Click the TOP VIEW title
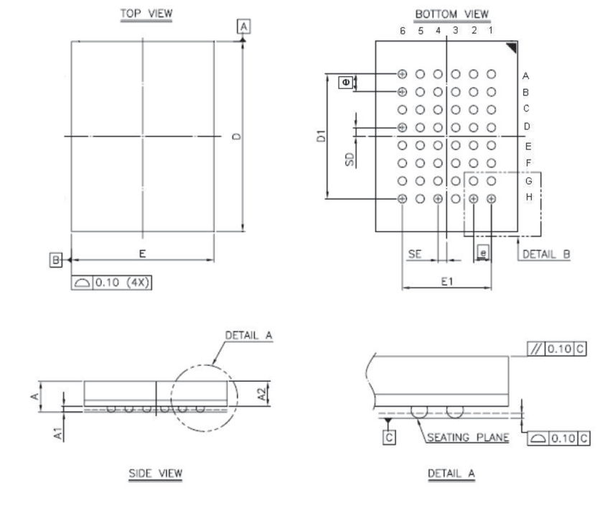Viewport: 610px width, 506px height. pyautogui.click(x=146, y=14)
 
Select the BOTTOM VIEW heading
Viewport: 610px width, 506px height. pyautogui.click(x=451, y=14)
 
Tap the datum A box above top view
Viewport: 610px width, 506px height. pyautogui.click(x=243, y=27)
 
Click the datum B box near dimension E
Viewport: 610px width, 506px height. pyautogui.click(x=56, y=259)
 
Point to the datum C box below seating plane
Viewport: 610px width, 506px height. pyautogui.click(x=389, y=438)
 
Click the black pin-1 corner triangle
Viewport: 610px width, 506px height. pyautogui.click(x=512, y=47)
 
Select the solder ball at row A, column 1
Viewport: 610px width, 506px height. pyautogui.click(x=492, y=74)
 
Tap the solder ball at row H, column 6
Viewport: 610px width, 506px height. pyautogui.click(x=403, y=198)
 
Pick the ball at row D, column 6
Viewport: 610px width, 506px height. pyautogui.click(x=403, y=127)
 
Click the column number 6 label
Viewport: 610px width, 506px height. pyautogui.click(x=403, y=31)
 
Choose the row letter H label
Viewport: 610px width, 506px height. pyautogui.click(x=529, y=197)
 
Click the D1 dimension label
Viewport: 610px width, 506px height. pyautogui.click(x=321, y=136)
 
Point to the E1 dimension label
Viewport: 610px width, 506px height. pyautogui.click(x=447, y=281)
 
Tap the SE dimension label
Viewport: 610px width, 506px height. pyautogui.click(x=415, y=254)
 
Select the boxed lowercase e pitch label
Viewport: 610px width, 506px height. pyautogui.click(x=483, y=253)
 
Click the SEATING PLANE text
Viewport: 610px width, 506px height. pyautogui.click(x=468, y=438)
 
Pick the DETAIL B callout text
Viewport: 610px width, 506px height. pyautogui.click(x=546, y=254)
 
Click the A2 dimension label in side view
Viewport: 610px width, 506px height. pyautogui.click(x=263, y=394)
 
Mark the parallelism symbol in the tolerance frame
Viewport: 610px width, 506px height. pyautogui.click(x=535, y=349)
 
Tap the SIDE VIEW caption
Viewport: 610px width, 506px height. pyautogui.click(x=155, y=473)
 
